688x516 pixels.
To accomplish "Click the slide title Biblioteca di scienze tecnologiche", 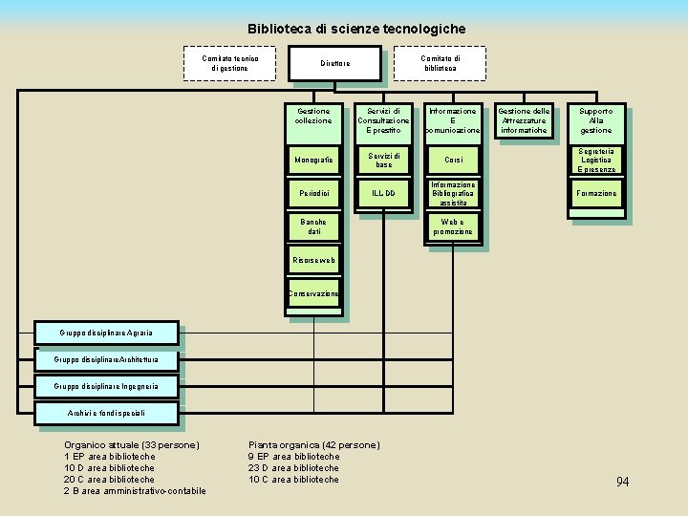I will click(356, 29).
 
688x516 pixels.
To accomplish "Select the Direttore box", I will click(334, 64).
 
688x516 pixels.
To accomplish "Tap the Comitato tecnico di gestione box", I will click(229, 63).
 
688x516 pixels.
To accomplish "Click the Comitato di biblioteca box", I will click(440, 63).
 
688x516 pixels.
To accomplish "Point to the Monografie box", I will click(313, 160).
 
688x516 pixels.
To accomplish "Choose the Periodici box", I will click(313, 194).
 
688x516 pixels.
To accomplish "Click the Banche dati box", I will click(313, 226).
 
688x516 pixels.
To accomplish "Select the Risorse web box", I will click(313, 260).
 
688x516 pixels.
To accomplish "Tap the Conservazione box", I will click(313, 293).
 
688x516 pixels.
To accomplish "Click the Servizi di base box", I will click(383, 160).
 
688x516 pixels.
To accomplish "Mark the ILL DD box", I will click(383, 194).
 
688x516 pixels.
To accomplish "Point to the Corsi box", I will click(453, 160).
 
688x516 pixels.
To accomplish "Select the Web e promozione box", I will click(453, 226).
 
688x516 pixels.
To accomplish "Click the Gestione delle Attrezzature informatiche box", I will click(523, 120).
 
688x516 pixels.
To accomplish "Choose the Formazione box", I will click(596, 194).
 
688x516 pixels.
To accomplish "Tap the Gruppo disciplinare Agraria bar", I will click(105, 333).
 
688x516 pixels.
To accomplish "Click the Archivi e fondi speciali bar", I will click(106, 413).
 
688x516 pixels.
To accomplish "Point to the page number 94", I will click(622, 482).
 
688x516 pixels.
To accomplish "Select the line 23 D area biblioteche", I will click(293, 468).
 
